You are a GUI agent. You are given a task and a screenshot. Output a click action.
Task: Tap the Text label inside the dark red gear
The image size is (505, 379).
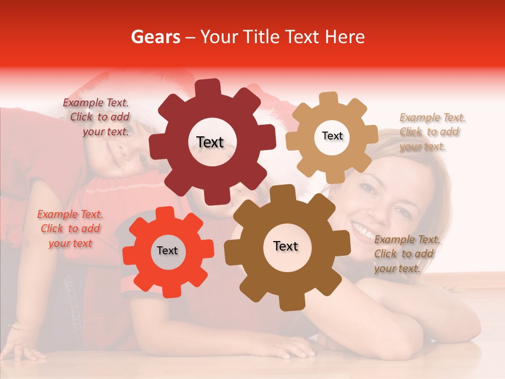coord(210,142)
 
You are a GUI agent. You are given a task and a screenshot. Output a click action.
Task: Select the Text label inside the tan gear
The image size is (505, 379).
coord(332,136)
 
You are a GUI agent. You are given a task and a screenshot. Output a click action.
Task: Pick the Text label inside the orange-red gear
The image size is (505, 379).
coord(167,251)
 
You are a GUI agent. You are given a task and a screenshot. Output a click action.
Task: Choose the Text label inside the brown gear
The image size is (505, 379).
coord(286,246)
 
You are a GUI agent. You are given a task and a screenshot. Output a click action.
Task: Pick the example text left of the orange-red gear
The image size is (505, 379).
coord(70,228)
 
